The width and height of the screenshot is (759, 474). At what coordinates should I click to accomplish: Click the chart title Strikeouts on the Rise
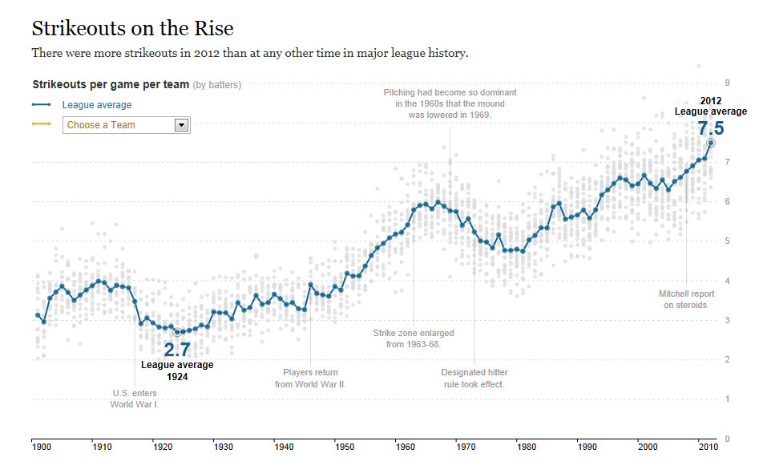tap(132, 29)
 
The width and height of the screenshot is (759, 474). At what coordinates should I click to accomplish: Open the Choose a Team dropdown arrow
tap(181, 125)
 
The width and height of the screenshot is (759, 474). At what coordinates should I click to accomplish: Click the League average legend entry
tap(96, 105)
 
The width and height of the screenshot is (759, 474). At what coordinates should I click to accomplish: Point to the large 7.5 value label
tap(710, 128)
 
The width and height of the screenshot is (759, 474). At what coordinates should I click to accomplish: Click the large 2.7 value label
tap(177, 350)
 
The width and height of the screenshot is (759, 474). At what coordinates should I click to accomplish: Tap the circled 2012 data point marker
tap(710, 143)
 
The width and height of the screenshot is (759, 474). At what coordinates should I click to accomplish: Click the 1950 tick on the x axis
tap(345, 446)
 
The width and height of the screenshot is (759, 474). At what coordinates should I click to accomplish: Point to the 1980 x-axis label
tap(526, 446)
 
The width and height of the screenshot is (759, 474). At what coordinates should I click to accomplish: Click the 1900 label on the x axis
tap(42, 446)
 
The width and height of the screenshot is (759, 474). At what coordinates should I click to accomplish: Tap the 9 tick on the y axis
tap(726, 83)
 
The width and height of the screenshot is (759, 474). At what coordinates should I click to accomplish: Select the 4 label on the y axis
tap(726, 281)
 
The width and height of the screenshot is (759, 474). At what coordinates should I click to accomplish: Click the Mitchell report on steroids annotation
tap(686, 299)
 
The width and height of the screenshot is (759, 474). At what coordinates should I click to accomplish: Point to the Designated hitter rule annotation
tap(474, 378)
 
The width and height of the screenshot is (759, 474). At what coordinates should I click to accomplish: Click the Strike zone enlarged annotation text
tap(413, 338)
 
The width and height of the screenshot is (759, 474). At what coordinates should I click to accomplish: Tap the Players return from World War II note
tap(310, 378)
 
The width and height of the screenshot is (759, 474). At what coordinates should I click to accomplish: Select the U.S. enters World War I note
tap(135, 398)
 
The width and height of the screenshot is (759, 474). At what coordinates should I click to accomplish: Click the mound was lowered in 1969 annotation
tap(450, 103)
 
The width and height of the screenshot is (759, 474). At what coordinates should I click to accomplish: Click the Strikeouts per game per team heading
tap(111, 84)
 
